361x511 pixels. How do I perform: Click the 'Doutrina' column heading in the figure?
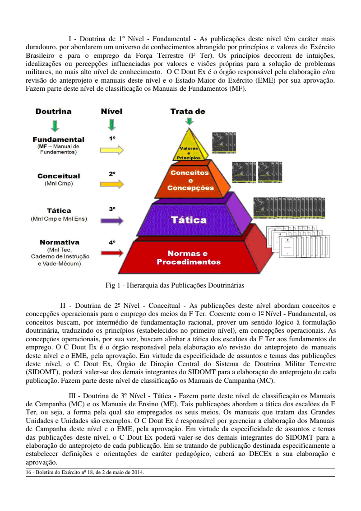click(54, 111)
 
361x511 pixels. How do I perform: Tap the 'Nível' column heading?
click(111, 111)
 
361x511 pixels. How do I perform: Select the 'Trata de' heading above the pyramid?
click(188, 111)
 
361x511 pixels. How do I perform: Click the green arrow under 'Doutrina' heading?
click(54, 125)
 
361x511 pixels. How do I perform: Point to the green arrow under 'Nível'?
click(112, 125)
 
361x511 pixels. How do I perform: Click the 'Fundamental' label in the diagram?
click(58, 140)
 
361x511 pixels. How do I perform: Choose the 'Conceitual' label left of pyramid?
click(59, 176)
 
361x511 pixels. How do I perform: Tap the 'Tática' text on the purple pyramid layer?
click(189, 220)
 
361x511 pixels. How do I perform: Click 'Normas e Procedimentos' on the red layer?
click(188, 258)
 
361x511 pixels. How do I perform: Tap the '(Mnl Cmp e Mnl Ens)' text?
click(59, 219)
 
